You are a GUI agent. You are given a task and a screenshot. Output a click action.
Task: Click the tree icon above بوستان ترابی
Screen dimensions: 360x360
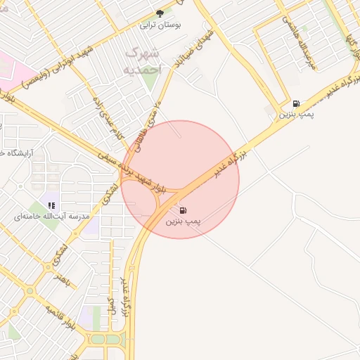click(x=160, y=13)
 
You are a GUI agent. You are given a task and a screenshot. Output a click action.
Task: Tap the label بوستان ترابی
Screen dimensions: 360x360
click(x=160, y=25)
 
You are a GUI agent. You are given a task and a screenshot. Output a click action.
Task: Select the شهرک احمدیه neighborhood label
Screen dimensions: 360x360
click(x=143, y=62)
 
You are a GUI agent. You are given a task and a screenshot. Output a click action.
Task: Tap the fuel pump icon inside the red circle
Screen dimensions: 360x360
click(x=184, y=210)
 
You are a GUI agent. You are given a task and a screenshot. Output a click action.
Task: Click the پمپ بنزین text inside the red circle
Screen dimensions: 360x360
click(x=184, y=221)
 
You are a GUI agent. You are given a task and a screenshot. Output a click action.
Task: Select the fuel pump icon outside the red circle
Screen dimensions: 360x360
click(x=296, y=103)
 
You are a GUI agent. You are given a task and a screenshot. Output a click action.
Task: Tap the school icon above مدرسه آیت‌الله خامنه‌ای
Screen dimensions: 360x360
click(x=51, y=205)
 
